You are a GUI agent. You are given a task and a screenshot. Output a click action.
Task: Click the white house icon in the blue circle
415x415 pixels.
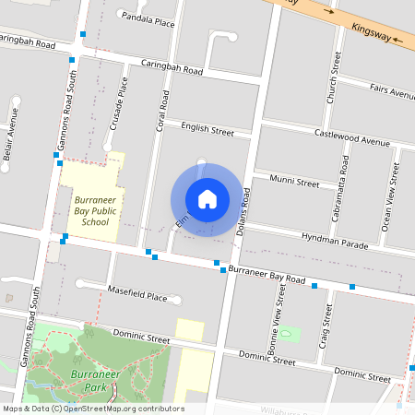pyautogui.click(x=207, y=198)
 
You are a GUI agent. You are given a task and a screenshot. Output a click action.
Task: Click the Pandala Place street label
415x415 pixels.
pyautogui.click(x=148, y=18)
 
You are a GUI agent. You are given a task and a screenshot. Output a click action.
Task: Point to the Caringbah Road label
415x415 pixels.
pyautogui.click(x=172, y=69)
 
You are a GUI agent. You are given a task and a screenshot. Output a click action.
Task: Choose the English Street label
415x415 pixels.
pyautogui.click(x=207, y=130)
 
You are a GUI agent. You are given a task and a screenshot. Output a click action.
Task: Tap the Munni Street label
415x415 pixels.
pyautogui.click(x=293, y=182)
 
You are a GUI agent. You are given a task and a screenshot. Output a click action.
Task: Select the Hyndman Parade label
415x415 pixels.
pyautogui.click(x=335, y=242)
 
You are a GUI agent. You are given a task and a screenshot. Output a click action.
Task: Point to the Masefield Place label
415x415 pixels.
pyautogui.click(x=137, y=297)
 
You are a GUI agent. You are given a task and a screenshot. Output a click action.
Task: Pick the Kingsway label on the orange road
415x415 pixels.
pyautogui.click(x=372, y=30)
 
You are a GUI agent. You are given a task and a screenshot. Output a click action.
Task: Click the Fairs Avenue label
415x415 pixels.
pyautogui.click(x=391, y=91)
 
